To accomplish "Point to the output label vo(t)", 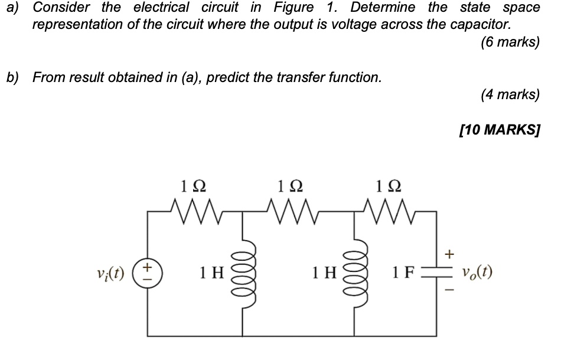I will pos(477,273).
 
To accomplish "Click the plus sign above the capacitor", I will pos(449,254).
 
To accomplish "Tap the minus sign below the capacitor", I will pos(449,291).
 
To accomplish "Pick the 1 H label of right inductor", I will pos(324,273).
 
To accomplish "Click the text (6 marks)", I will pos(510,42).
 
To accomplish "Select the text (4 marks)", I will pos(510,94).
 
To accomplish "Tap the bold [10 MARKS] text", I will pos(499,130).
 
